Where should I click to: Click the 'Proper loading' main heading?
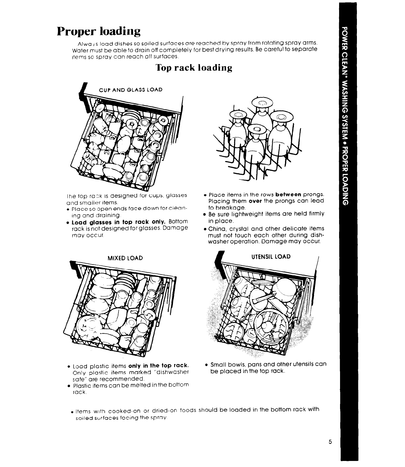[x=99, y=32]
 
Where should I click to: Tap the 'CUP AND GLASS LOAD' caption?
[x=131, y=90]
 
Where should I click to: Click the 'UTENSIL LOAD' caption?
[x=271, y=257]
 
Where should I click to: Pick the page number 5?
[x=330, y=442]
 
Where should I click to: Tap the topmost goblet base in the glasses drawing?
[x=262, y=103]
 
